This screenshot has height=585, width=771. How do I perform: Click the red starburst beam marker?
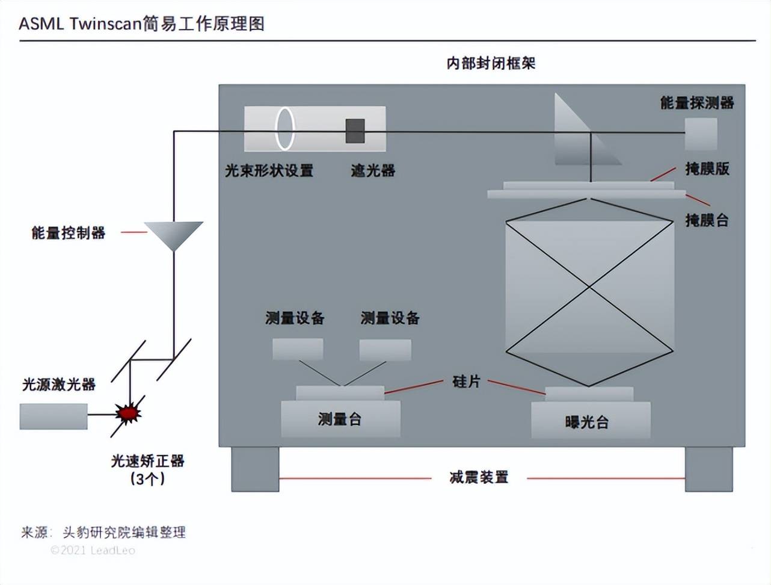coord(128,413)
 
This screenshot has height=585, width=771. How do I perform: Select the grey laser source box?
coord(53,416)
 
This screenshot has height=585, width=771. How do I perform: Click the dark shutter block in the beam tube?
coord(355,131)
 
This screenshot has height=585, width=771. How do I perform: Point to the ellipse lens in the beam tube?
coord(284,128)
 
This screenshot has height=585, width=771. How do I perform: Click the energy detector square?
coord(701,134)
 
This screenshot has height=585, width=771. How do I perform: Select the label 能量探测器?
coord(697,103)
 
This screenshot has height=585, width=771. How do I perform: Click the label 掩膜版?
coord(707,169)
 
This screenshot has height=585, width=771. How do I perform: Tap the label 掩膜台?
coord(707,220)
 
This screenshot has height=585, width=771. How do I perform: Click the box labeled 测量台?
coord(340,419)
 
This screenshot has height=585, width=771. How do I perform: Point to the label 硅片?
coord(466,382)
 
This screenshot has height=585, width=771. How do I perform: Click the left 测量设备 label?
coord(295,318)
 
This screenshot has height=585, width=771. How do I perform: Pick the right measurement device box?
coord(385,350)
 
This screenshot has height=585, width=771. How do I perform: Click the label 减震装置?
coord(479,478)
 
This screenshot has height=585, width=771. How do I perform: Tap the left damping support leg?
coord(255,469)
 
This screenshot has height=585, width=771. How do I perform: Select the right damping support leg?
coord(708,469)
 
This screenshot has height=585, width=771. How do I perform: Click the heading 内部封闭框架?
coord(491,63)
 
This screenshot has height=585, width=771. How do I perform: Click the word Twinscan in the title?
coord(105,24)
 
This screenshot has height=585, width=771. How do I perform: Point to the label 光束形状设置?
coord(269,171)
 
